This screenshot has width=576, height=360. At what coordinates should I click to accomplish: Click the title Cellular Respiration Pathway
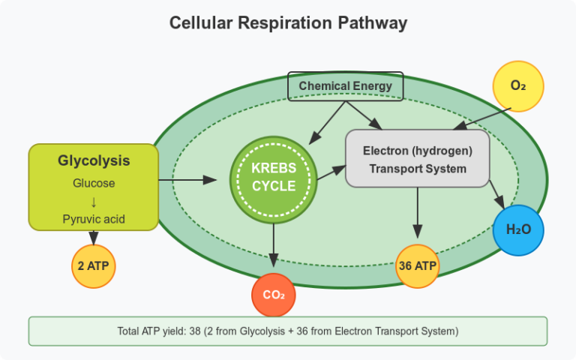pyautogui.click(x=288, y=23)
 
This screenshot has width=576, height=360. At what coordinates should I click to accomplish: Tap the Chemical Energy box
pyautogui.click(x=345, y=86)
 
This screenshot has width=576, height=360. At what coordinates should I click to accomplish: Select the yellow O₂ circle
pyautogui.click(x=517, y=85)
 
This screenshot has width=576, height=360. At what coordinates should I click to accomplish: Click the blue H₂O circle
pyautogui.click(x=517, y=229)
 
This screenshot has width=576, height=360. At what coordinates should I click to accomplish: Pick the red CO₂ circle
pyautogui.click(x=273, y=295)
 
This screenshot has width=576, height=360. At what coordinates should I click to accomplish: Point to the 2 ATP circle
pyautogui.click(x=93, y=265)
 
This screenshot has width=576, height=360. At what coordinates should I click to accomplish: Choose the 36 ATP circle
pyautogui.click(x=417, y=265)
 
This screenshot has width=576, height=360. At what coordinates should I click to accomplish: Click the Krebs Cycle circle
pyautogui.click(x=273, y=178)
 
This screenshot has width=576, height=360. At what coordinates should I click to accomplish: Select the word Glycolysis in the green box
pyautogui.click(x=94, y=160)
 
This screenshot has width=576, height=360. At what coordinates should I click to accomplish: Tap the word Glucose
pyautogui.click(x=94, y=183)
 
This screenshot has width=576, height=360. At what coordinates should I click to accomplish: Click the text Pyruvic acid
pyautogui.click(x=94, y=219)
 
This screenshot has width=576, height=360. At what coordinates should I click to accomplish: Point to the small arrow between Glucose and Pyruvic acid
pyautogui.click(x=94, y=201)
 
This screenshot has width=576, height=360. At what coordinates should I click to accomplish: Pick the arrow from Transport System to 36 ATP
pyautogui.click(x=418, y=214)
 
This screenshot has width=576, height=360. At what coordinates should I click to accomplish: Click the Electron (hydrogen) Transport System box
pyautogui.click(x=417, y=159)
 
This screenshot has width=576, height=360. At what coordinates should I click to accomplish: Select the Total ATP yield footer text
pyautogui.click(x=288, y=331)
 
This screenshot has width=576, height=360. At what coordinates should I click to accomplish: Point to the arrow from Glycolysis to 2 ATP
pyautogui.click(x=93, y=236)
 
